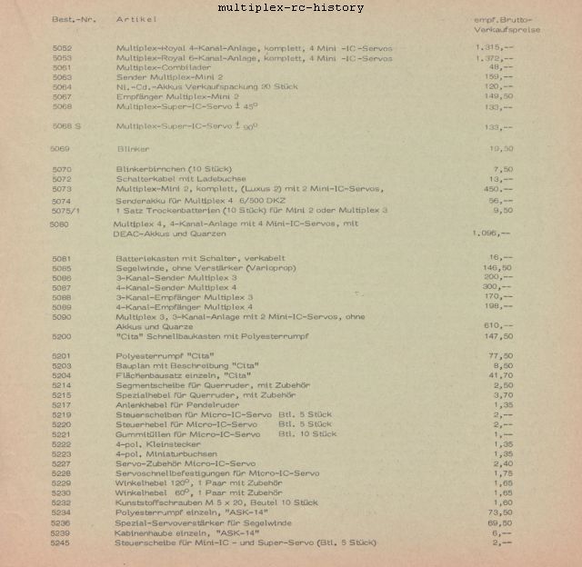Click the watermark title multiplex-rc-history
(291, 8)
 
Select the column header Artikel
(135, 18)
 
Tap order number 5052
(63, 47)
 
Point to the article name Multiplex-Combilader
(164, 67)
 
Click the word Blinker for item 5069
(133, 148)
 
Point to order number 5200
(63, 335)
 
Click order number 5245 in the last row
(63, 542)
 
